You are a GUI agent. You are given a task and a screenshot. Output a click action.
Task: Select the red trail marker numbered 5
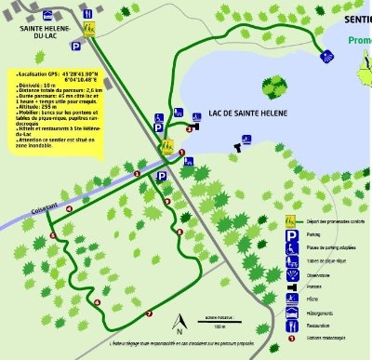pyautogui.click(x=52, y=235)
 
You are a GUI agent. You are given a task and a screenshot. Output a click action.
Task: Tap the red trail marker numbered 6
pyautogui.click(x=97, y=302)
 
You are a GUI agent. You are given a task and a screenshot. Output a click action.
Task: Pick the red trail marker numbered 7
pyautogui.click(x=149, y=314)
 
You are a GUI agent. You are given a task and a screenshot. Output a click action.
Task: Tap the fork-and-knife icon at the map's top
pyautogui.click(x=88, y=16)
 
